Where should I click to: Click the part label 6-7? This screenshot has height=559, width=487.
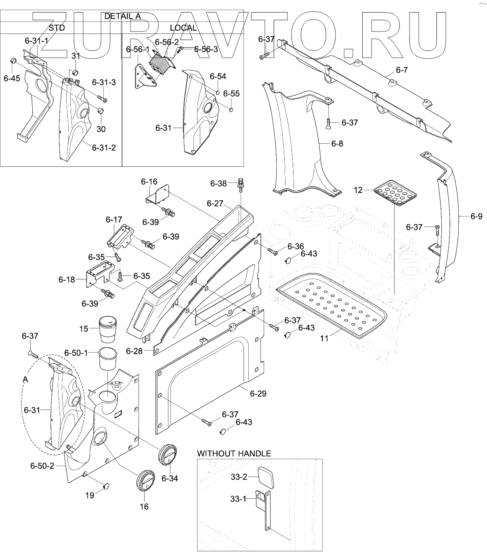(401, 70)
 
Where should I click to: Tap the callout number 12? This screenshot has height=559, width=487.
(359, 189)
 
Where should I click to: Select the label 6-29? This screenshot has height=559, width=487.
(258, 393)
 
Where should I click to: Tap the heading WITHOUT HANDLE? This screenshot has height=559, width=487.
(234, 454)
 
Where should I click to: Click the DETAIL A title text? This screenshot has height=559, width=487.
(122, 16)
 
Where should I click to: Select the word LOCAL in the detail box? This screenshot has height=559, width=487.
(183, 28)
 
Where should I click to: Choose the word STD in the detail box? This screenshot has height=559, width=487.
(56, 28)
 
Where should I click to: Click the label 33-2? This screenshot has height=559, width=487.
(239, 477)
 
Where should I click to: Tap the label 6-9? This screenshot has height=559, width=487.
(477, 216)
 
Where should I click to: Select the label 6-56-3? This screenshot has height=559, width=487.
(206, 49)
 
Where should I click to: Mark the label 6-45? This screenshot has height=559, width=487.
(12, 78)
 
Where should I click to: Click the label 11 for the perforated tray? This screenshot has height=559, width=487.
(325, 338)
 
